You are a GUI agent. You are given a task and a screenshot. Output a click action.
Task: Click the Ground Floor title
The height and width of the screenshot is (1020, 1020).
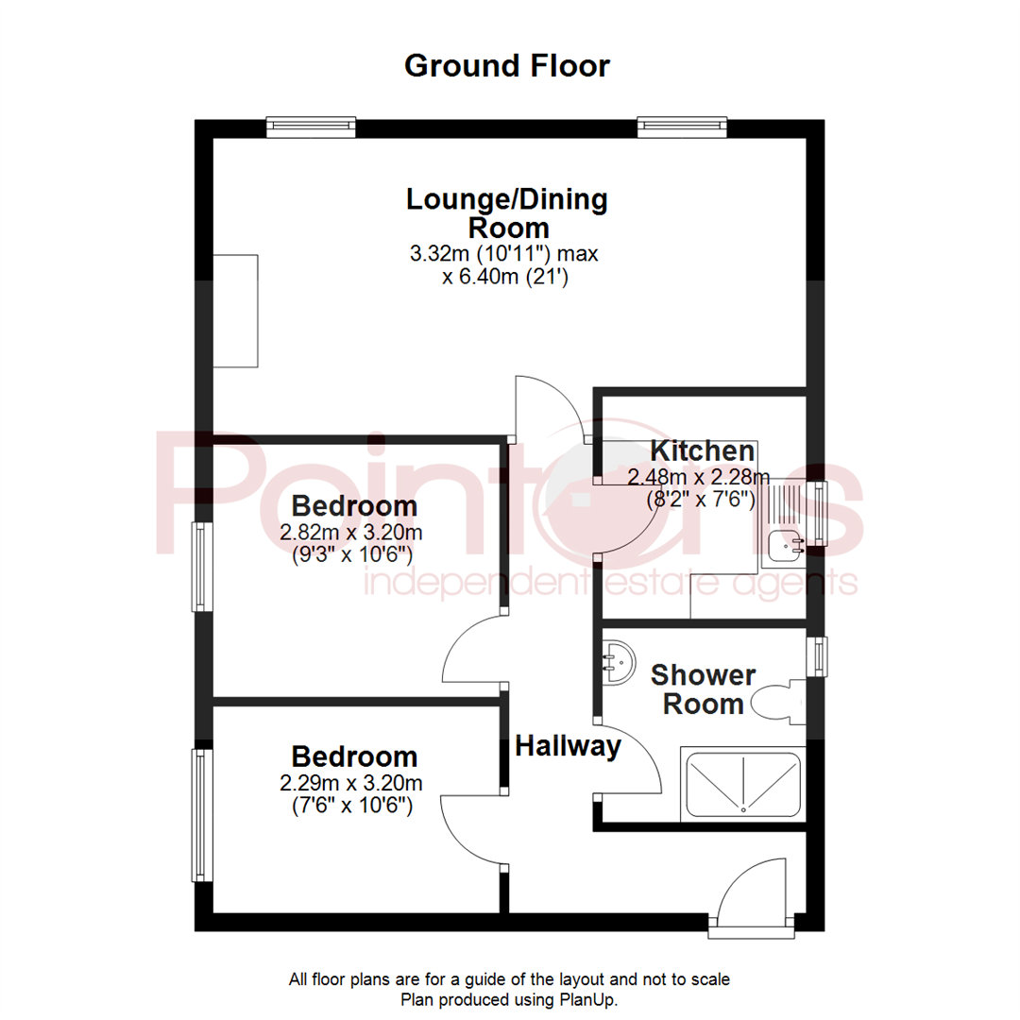[507, 66]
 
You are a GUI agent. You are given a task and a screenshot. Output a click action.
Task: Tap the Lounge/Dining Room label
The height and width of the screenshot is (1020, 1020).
[507, 213]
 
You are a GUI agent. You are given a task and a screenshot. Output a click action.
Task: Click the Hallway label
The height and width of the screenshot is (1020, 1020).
[569, 747]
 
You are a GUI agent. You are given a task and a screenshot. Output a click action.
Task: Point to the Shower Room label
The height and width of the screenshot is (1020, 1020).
[703, 689]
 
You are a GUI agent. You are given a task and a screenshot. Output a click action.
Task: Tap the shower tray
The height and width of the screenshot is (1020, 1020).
[743, 783]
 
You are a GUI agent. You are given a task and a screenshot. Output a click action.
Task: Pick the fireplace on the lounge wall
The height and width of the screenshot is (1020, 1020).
[235, 311]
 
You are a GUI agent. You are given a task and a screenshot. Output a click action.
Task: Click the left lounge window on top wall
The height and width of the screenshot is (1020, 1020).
[310, 127]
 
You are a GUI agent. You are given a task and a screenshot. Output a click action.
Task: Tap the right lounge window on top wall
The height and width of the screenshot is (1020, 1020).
[682, 127]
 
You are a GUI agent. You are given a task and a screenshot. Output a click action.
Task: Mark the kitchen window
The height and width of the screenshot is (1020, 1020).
[815, 515]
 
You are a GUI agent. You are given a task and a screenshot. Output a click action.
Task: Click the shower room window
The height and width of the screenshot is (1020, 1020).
[815, 656]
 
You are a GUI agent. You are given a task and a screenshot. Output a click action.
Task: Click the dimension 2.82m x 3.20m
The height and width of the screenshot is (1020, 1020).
[350, 533]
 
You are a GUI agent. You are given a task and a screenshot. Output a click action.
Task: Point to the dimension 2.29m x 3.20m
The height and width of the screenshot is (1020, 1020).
[350, 783]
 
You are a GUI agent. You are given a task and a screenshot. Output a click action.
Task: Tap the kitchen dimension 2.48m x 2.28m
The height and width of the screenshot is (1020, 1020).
[699, 476]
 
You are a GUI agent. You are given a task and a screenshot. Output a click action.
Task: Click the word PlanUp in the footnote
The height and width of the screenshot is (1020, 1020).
[594, 999]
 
